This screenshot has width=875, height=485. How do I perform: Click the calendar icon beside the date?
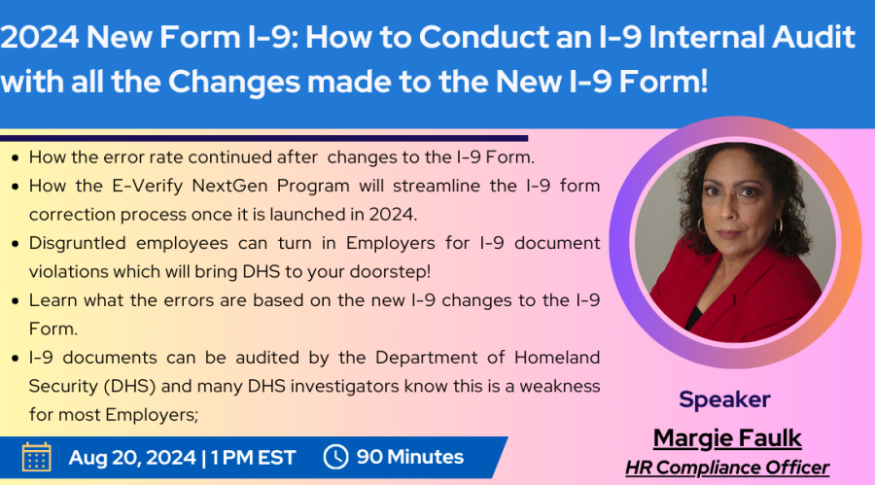[x=37, y=457]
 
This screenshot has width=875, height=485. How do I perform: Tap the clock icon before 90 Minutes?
[x=336, y=457]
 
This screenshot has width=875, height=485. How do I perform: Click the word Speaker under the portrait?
[x=724, y=400]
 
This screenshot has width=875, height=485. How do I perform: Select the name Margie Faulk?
[x=727, y=438]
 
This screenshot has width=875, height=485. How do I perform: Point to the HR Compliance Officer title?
[x=727, y=468]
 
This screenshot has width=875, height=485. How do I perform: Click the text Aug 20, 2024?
[x=132, y=458]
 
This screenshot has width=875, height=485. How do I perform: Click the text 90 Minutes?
[x=410, y=457]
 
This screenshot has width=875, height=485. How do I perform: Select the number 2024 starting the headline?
[x=40, y=37]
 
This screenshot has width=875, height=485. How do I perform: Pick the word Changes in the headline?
[x=234, y=83]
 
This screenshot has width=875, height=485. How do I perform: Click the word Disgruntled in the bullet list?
[x=78, y=244]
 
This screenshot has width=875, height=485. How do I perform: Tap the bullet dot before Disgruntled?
[x=16, y=244]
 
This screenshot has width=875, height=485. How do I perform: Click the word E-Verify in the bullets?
[x=148, y=186]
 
